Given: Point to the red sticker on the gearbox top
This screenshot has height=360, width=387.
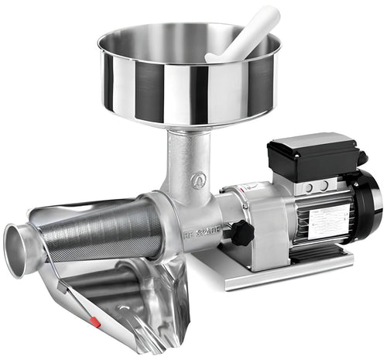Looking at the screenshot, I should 245,187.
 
